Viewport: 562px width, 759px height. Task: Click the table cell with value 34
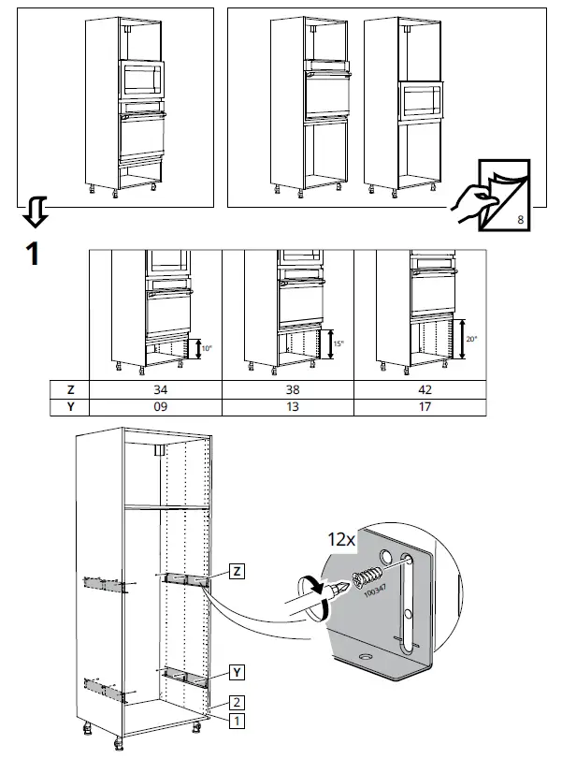[x=155, y=389]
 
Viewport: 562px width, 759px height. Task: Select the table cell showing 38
[x=288, y=389]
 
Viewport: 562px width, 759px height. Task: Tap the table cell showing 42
[x=420, y=389]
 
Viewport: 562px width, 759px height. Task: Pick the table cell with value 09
[x=155, y=407]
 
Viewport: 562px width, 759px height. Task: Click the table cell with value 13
[x=288, y=407]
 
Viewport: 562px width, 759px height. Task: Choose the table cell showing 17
[x=420, y=407]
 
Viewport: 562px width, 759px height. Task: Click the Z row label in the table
[x=69, y=389]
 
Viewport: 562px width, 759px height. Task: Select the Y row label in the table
[x=69, y=407]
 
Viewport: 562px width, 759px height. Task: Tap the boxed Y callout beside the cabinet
[x=238, y=672]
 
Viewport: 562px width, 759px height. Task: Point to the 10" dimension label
[x=206, y=350]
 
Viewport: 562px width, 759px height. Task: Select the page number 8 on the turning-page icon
[x=520, y=221]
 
